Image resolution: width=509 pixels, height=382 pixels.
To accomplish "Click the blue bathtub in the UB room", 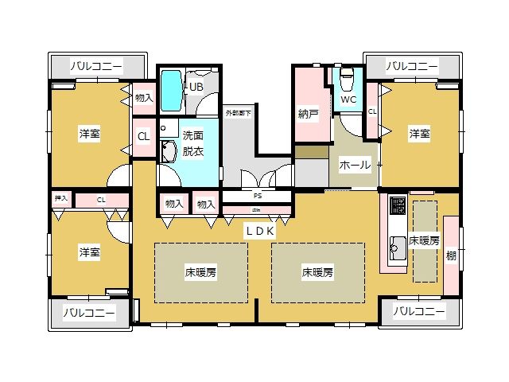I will point(171,92).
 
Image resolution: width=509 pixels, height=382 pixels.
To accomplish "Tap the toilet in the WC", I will point(346,80).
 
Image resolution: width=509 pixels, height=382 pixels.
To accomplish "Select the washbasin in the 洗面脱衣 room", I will point(168,151).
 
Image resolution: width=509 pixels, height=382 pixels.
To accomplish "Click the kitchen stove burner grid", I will point(398,211).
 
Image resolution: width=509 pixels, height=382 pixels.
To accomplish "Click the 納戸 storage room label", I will point(309,115).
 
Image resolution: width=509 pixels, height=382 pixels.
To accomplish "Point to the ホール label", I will point(355,165).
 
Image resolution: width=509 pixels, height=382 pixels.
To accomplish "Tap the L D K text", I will point(259,230).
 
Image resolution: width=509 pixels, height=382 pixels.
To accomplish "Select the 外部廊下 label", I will point(237,113).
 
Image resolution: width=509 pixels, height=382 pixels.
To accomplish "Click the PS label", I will point(257,196).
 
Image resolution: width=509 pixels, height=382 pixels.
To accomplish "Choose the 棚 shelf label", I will point(452,255).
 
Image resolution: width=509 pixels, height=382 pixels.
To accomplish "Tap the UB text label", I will point(196,87).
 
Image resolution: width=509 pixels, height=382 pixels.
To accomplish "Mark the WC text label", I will point(348,100).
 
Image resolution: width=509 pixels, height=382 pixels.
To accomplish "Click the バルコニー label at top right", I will point(412,66).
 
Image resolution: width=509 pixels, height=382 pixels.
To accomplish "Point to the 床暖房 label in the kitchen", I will point(424,241).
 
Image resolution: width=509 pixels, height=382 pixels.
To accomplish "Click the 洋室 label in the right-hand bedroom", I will point(420,134).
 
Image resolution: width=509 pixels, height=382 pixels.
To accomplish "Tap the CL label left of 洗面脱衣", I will point(143,136).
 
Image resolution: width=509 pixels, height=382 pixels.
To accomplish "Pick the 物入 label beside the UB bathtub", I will point(143,98).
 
